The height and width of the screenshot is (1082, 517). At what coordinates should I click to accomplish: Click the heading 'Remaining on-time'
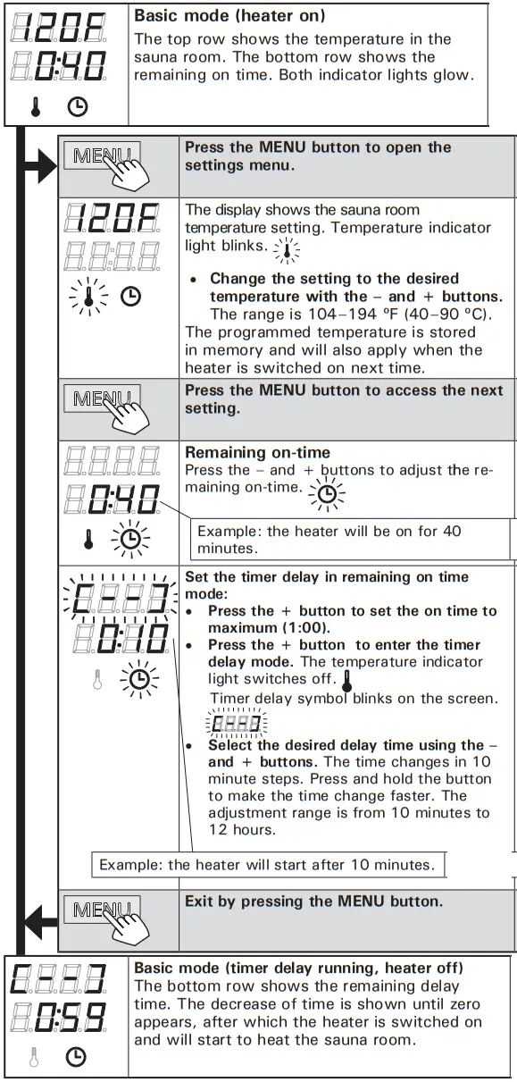(x=257, y=452)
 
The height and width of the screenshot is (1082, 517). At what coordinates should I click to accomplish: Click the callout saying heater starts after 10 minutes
(x=267, y=864)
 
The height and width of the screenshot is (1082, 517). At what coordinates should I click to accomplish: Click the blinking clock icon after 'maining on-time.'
(x=327, y=492)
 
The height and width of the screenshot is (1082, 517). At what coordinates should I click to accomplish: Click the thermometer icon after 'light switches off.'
(x=347, y=681)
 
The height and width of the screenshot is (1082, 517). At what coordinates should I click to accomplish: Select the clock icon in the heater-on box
(x=79, y=107)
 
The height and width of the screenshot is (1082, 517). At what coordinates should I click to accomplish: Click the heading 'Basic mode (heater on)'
(x=229, y=16)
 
